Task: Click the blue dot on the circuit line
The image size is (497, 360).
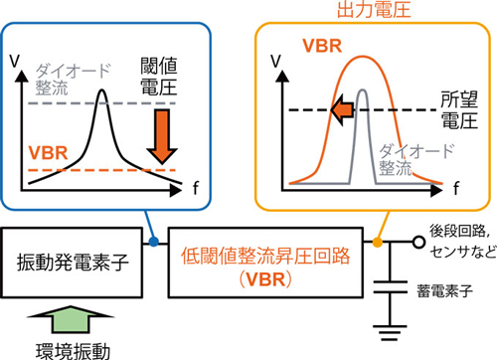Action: (x=152, y=241)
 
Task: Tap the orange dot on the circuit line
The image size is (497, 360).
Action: (x=381, y=241)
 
